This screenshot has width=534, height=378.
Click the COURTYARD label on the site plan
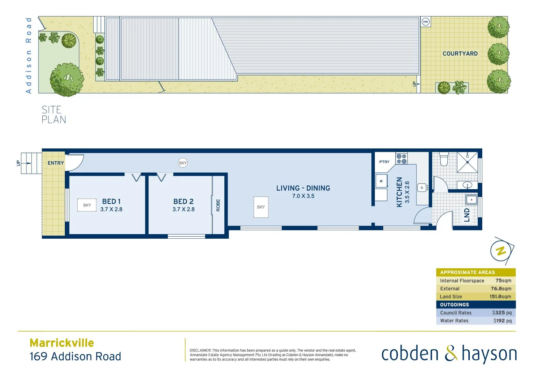[x=460, y=54]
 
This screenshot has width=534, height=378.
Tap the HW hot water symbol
[x=425, y=22]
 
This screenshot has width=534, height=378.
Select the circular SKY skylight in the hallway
[x=183, y=163]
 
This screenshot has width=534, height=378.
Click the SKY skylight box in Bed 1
[x=87, y=205]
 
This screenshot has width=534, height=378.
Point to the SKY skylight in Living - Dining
[x=261, y=207]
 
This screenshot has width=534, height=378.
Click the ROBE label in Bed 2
[x=218, y=205]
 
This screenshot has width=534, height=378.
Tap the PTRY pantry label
[x=384, y=162]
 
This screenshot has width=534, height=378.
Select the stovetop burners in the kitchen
[x=402, y=159]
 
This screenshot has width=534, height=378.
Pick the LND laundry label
[x=467, y=215]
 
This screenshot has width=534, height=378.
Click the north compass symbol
[x=501, y=251]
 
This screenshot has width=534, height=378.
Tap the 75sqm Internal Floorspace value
[x=503, y=281]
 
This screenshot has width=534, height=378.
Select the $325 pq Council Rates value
[x=502, y=313]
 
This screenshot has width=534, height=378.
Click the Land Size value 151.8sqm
[x=500, y=296]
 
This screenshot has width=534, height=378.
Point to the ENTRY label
[x=56, y=163]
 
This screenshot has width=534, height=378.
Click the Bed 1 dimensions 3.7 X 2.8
[x=111, y=209]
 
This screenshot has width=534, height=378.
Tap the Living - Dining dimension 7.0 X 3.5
[x=303, y=196]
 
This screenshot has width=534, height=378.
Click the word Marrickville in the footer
[x=62, y=343]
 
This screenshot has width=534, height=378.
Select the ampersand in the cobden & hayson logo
[x=451, y=353]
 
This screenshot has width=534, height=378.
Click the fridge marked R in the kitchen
[x=381, y=181]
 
